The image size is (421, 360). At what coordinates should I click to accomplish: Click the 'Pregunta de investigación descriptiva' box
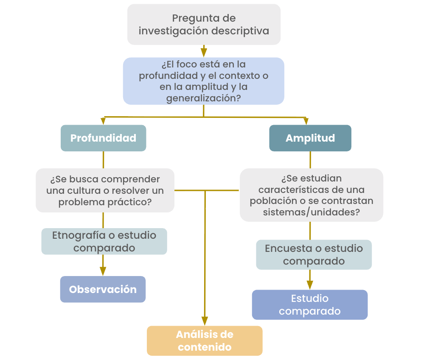coord(204,25)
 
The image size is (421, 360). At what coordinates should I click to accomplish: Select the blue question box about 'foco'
coord(204,81)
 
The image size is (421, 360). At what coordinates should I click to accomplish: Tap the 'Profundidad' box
coord(104,138)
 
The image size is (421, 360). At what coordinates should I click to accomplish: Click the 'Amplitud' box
coord(310,138)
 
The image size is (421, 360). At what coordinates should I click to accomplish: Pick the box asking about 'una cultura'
coord(105,190)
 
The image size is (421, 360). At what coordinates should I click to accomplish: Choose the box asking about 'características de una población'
coord(311,195)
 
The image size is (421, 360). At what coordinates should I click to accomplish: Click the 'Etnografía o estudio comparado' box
coord(104,241)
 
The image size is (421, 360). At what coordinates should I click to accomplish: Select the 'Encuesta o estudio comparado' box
coord(314,254)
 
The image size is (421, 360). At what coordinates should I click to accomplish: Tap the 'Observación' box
coord(103,289)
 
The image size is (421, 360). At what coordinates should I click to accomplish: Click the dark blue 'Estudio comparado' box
coord(309,304)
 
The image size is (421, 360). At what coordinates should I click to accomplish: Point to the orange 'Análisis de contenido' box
coord(205,340)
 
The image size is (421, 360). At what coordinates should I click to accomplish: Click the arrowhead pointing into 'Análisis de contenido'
coord(205,321)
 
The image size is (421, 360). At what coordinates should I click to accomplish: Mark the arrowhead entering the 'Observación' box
coord(103,271)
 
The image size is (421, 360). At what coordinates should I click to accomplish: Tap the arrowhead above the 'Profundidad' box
coord(103,121)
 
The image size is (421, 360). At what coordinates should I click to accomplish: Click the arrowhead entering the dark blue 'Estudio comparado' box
coord(310,285)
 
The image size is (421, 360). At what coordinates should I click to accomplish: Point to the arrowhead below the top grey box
coord(204,52)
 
